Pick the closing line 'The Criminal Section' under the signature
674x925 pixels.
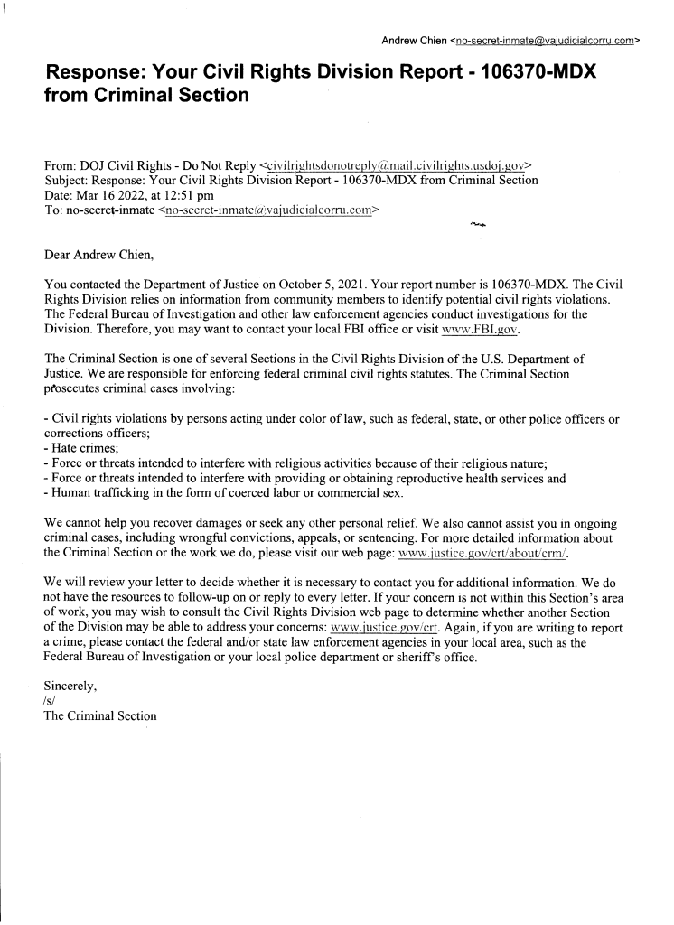(x=100, y=715)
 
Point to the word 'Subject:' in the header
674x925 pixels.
(x=69, y=181)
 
